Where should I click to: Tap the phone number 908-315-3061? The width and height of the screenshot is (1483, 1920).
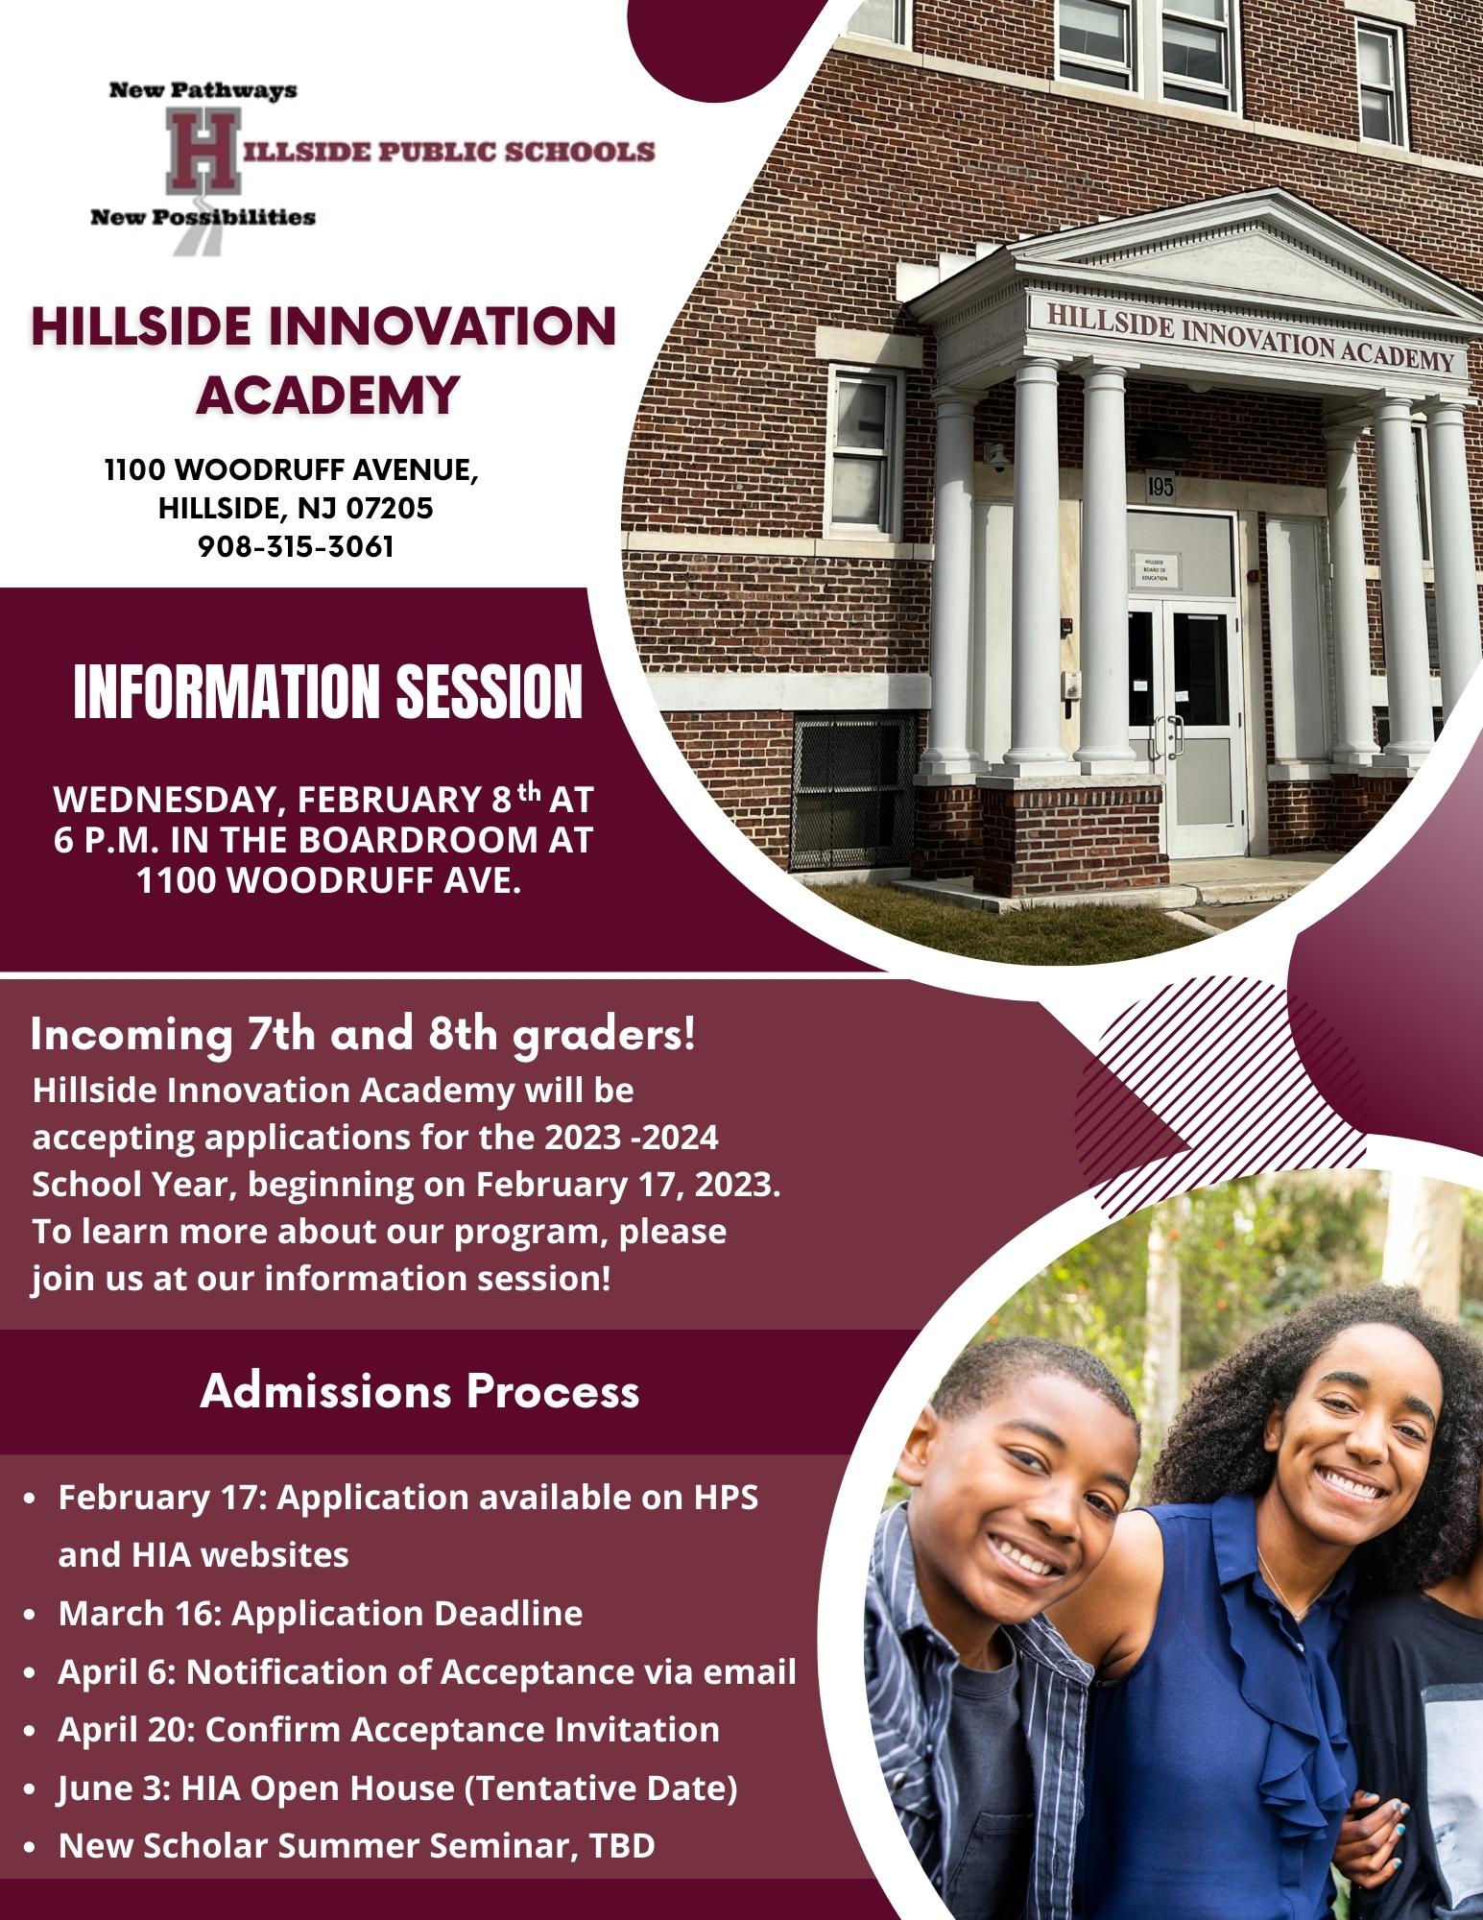[x=296, y=546]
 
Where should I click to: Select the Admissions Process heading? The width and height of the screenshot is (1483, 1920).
[x=419, y=1392]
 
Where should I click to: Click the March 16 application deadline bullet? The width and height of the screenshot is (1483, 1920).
[x=321, y=1612]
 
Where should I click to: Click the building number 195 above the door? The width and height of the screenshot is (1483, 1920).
[x=1160, y=487]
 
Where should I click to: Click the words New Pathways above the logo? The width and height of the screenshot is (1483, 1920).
[x=203, y=91]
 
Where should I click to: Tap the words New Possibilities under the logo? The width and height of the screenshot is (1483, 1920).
[x=203, y=217]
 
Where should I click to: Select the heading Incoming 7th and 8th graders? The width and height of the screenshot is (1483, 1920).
[x=363, y=1036]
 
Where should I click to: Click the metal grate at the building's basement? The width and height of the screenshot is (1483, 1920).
[x=853, y=793]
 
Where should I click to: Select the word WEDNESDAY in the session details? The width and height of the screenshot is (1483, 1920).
[x=165, y=799]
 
